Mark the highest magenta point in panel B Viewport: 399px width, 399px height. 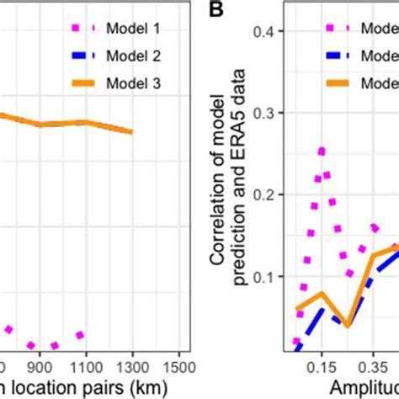click(x=321, y=152)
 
